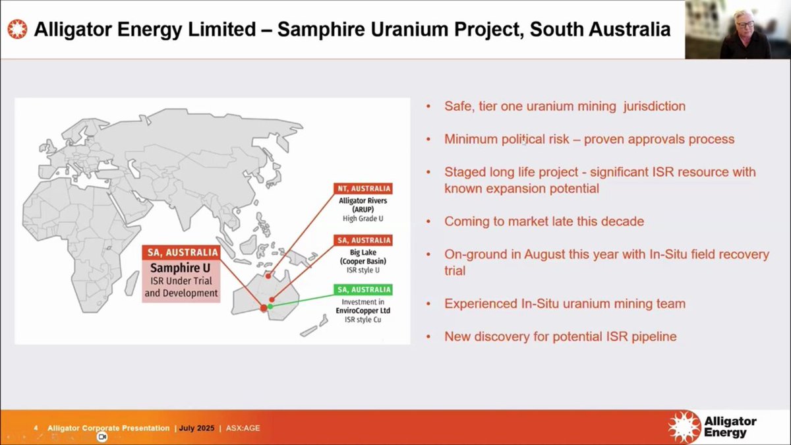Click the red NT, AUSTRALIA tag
pos(363,189)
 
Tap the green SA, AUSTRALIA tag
pos(363,289)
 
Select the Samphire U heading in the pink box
pos(180,268)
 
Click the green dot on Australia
pos(270,307)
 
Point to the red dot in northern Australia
pos(268,276)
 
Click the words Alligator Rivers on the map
pos(363,200)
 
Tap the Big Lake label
pos(363,252)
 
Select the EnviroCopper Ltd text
pos(363,311)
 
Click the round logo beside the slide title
pos(17,29)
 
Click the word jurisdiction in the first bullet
pos(655,106)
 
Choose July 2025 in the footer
pos(196,428)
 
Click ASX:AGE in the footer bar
pos(243,428)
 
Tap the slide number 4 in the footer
pos(36,428)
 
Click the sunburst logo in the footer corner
pos(685,427)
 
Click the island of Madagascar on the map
pos(131,283)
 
